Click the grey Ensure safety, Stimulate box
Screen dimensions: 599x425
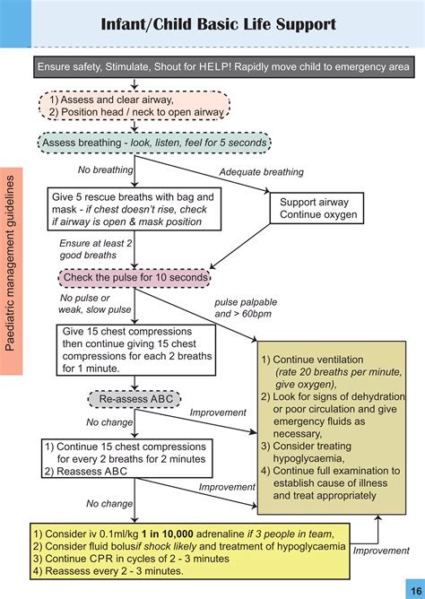coord(224,67)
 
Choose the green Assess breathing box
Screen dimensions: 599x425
coord(152,143)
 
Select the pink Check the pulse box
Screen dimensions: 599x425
coord(134,278)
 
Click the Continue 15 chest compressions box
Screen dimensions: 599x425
coord(132,456)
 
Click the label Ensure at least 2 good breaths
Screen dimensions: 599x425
coord(91,248)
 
